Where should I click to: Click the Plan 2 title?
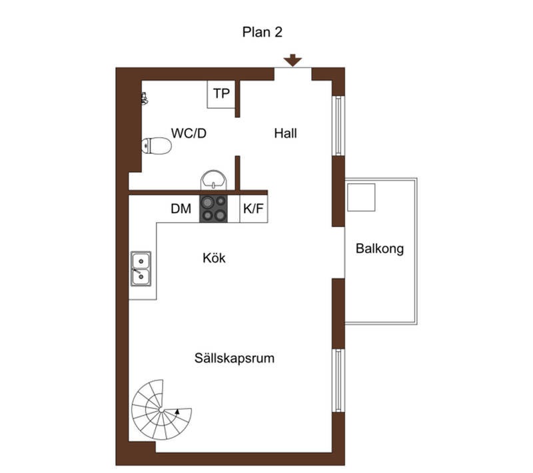262,32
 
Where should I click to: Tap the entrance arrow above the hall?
292,60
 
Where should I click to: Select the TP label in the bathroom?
221,93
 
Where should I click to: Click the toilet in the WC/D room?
157,146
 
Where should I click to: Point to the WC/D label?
189,133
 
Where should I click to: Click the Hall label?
286,133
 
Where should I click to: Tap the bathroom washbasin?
213,180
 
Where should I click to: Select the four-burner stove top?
213,209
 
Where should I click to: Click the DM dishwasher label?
181,209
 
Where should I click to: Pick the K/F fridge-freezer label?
253,209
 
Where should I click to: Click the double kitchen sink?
141,268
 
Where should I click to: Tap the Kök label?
214,258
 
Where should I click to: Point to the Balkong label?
380,248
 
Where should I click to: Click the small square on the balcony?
361,197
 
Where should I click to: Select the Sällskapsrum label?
235,358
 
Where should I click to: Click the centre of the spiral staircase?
161,410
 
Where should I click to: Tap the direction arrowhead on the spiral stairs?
177,412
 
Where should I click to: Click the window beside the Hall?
338,126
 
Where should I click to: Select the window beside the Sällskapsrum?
338,380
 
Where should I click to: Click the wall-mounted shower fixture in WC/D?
145,98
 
